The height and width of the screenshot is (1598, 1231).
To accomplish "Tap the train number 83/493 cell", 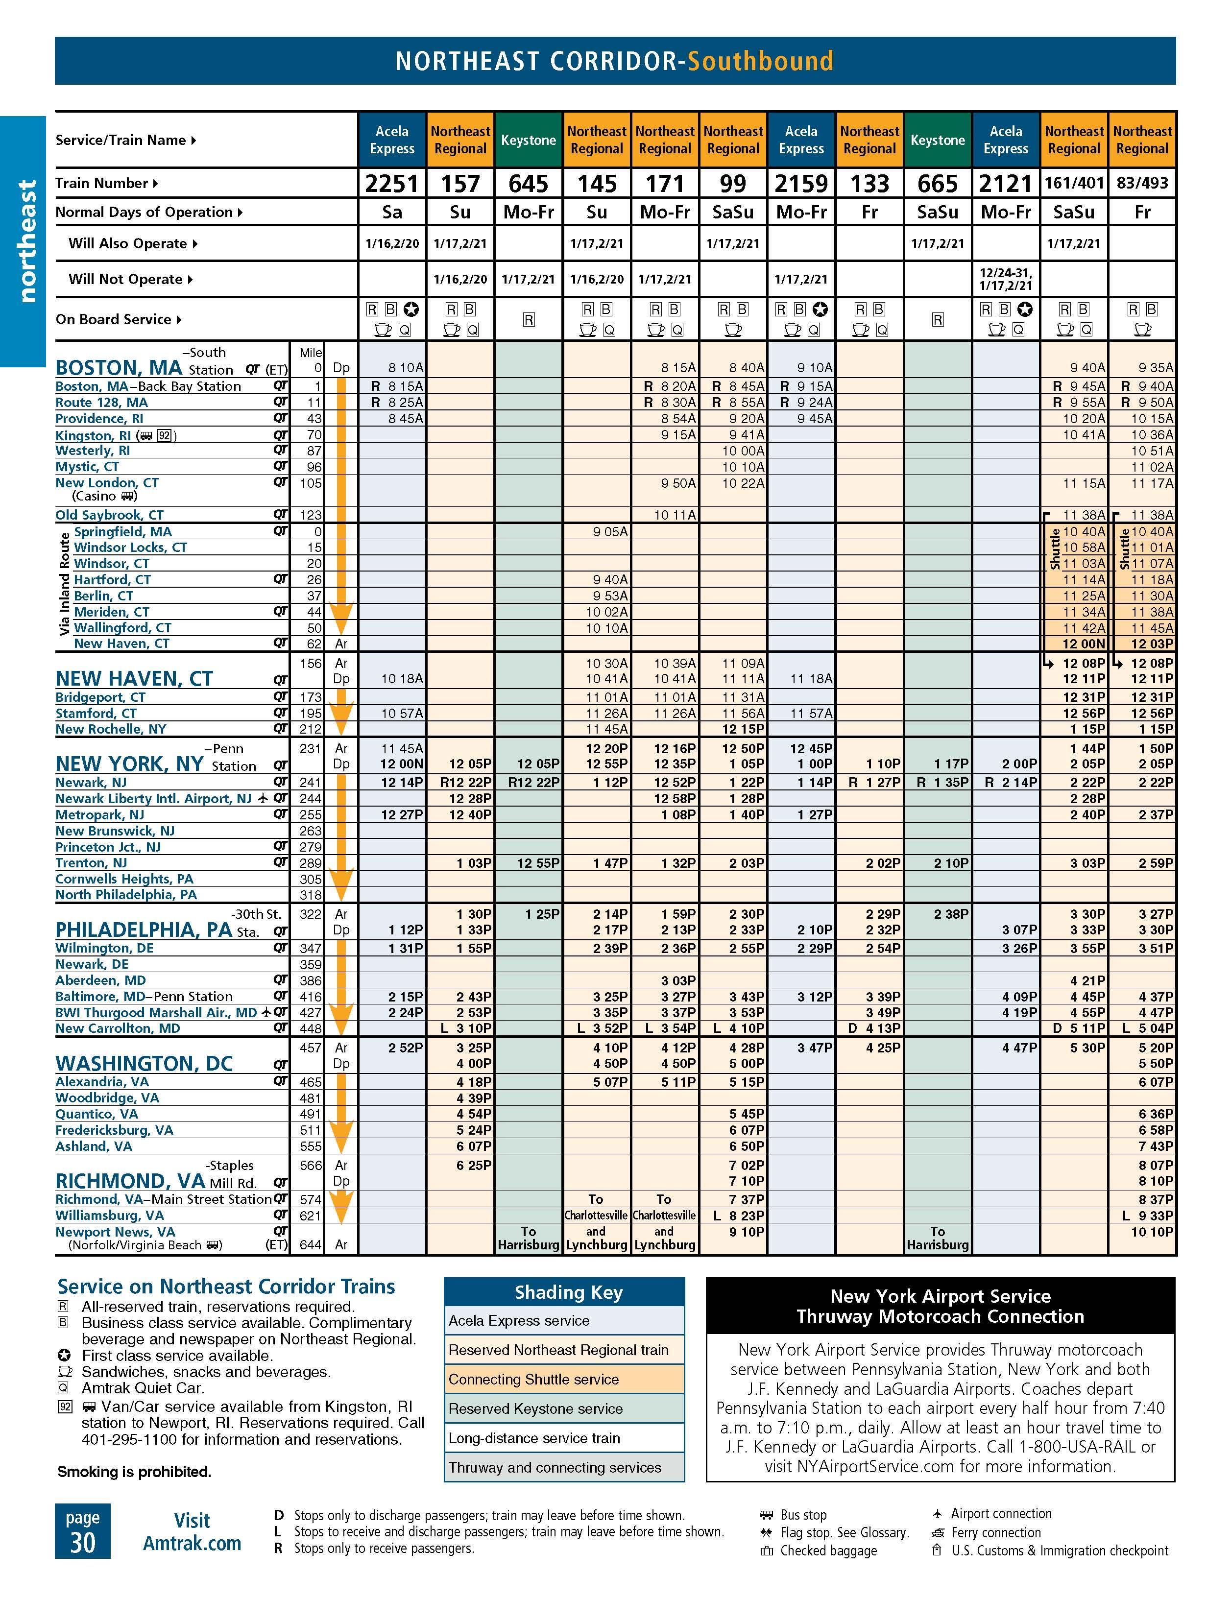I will click(x=1142, y=183).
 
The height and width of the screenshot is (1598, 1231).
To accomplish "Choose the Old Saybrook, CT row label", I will click(x=110, y=515).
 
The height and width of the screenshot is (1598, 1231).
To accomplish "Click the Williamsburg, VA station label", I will click(x=110, y=1216).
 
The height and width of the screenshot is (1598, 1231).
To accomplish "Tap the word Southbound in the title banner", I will click(x=760, y=61).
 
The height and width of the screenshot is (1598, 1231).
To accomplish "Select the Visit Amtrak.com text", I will click(x=192, y=1531).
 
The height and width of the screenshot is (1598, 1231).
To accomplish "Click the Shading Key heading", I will click(x=568, y=1292).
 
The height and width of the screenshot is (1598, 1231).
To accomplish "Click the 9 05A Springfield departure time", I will click(x=610, y=532).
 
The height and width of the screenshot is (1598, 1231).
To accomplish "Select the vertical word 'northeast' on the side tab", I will click(x=27, y=241).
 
